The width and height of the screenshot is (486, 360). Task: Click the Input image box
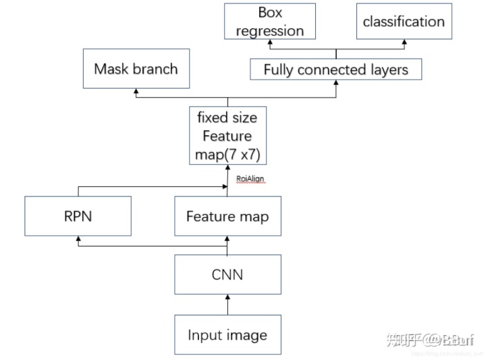pos(227,335)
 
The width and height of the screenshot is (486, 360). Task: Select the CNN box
pos(227,274)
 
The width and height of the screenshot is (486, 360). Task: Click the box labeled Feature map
pos(227,216)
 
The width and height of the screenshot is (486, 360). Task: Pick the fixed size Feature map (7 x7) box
pos(227,136)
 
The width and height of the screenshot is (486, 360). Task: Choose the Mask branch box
pos(135,68)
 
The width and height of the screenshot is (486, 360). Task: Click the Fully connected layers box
pos(335,69)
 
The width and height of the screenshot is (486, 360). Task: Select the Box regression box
pos(271,21)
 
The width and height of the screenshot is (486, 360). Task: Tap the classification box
pos(403,21)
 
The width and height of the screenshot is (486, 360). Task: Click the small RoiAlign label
pos(250,179)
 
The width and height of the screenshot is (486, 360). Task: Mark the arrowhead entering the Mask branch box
pos(135,91)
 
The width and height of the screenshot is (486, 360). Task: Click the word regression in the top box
pos(271,30)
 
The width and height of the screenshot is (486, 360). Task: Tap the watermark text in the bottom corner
pos(429,339)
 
